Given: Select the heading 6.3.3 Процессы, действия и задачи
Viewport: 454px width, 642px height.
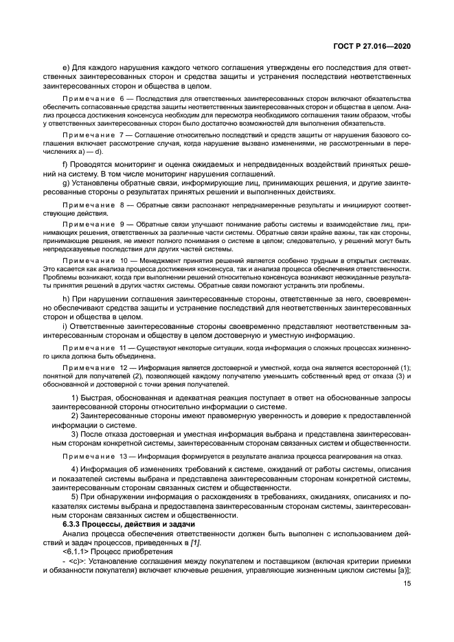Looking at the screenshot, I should coord(120,524).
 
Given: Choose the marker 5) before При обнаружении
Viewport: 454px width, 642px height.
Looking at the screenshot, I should coord(76,496).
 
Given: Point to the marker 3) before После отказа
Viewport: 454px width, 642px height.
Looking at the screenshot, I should coord(76,434).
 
